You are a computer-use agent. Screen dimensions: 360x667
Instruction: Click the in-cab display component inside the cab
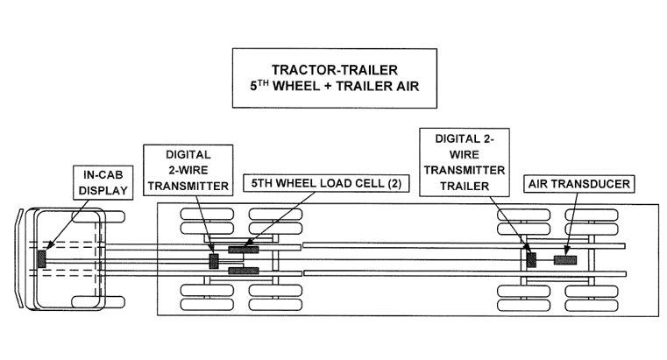pyautogui.click(x=41, y=259)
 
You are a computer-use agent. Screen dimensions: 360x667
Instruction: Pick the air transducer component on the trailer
pyautogui.click(x=565, y=260)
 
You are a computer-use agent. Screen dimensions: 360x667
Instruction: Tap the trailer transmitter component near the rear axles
pyautogui.click(x=530, y=260)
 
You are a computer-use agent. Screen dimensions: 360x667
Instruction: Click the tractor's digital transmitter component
pyautogui.click(x=214, y=260)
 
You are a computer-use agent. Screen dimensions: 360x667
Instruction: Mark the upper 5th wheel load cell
pyautogui.click(x=243, y=251)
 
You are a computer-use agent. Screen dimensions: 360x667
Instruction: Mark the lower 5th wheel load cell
pyautogui.click(x=243, y=271)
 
